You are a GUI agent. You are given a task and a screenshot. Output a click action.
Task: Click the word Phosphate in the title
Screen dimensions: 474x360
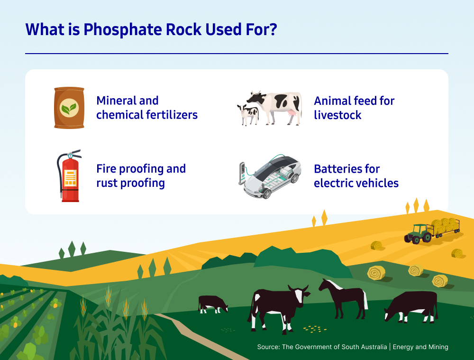click(x=123, y=30)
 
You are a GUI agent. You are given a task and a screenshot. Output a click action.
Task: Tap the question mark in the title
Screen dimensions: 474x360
click(x=273, y=29)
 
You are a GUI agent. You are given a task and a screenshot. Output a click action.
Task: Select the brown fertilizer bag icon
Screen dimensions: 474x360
click(x=69, y=108)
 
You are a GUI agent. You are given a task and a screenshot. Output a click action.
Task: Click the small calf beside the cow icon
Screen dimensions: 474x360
click(x=248, y=115)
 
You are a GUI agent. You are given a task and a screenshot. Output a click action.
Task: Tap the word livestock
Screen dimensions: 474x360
click(x=337, y=115)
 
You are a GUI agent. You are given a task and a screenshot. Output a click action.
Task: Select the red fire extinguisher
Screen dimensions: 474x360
click(x=69, y=175)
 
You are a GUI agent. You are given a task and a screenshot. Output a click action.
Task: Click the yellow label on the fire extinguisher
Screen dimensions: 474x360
click(x=71, y=177)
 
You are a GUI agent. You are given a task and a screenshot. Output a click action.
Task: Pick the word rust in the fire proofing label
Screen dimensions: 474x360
click(x=107, y=183)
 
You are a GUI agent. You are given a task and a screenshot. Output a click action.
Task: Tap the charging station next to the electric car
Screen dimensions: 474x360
click(x=242, y=173)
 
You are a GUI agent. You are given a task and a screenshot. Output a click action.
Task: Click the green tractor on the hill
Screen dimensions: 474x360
click(x=418, y=234)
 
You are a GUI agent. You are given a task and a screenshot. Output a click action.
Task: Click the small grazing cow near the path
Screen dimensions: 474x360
click(x=212, y=304)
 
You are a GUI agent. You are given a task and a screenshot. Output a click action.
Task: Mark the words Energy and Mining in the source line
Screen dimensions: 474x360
click(x=420, y=347)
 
